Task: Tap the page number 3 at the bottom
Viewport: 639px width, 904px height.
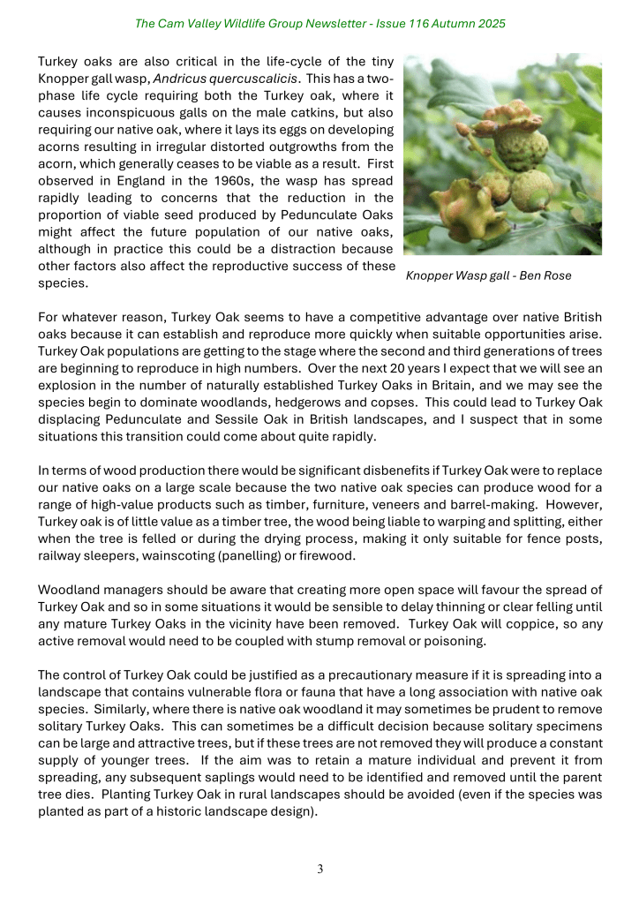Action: [320, 869]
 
